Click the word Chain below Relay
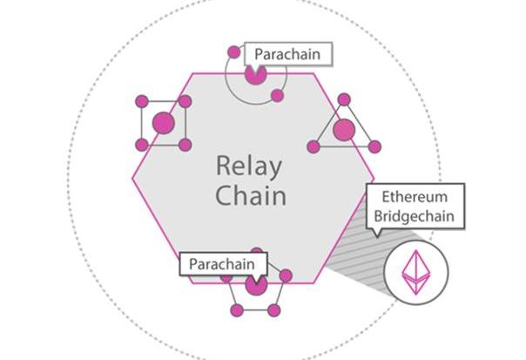click(x=251, y=194)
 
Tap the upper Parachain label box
click(x=287, y=54)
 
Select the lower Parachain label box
click(x=223, y=263)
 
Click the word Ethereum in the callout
click(x=415, y=197)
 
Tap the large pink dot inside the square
click(x=163, y=123)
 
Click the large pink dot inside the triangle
click(x=344, y=130)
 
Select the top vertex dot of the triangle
click(x=344, y=99)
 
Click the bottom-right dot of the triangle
click(x=374, y=146)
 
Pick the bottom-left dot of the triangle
click(x=314, y=146)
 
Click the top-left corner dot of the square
click(x=142, y=102)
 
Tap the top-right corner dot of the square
click(x=185, y=102)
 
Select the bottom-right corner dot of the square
click(x=185, y=144)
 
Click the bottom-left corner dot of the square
click(x=142, y=144)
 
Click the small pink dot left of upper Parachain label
click(x=233, y=52)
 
